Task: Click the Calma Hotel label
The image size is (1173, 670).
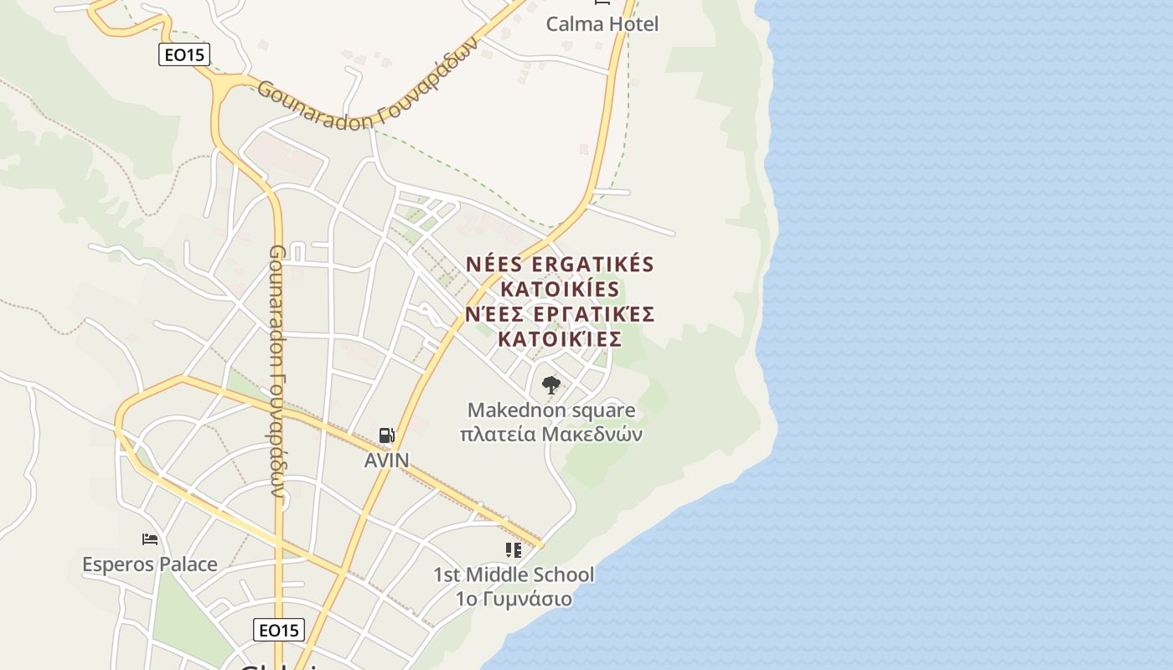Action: (x=602, y=24)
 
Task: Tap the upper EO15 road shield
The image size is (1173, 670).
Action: (x=184, y=55)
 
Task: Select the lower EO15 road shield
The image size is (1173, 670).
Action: (x=278, y=630)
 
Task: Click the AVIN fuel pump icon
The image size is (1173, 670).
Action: (x=386, y=435)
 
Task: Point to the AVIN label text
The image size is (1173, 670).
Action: (x=386, y=460)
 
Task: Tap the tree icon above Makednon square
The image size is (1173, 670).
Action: (x=550, y=385)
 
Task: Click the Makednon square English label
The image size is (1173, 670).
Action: (x=550, y=410)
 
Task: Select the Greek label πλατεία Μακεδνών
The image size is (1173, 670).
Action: (x=550, y=435)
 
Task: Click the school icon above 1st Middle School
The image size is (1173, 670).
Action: (x=513, y=550)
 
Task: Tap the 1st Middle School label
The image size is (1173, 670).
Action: (x=513, y=575)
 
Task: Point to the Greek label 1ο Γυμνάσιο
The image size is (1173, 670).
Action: (x=513, y=599)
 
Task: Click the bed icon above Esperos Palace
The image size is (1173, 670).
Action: (x=150, y=539)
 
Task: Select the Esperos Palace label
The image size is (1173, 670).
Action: (x=150, y=564)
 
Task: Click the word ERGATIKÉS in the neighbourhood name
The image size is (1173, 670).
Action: (x=592, y=265)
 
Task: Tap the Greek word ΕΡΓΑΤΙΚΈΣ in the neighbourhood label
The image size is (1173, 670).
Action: (x=592, y=314)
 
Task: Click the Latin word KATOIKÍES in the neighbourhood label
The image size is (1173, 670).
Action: (x=559, y=290)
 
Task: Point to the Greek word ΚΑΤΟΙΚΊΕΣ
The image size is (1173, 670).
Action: (x=559, y=339)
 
